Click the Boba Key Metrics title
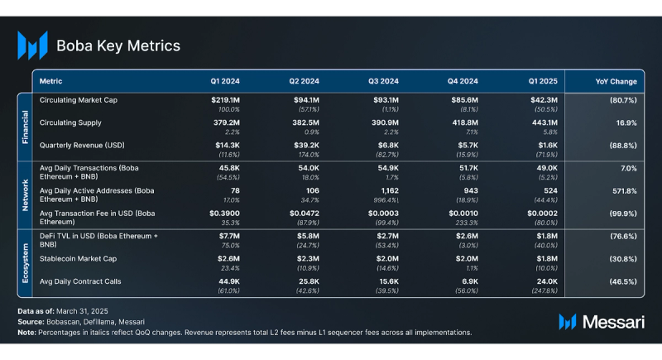(118, 46)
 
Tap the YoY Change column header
(616, 82)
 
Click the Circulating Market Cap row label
(79, 100)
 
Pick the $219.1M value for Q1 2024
(225, 100)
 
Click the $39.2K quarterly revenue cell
(305, 146)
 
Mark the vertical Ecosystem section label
(24, 262)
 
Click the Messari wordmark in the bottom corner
(612, 321)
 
